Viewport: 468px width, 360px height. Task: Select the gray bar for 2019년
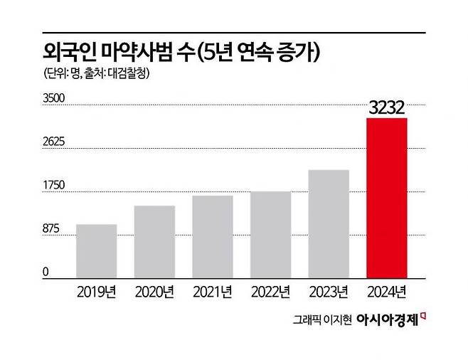(96, 250)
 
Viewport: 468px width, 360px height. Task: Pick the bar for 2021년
(212, 236)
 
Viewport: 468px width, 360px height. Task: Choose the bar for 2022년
(270, 234)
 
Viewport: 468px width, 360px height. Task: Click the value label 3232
(386, 107)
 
